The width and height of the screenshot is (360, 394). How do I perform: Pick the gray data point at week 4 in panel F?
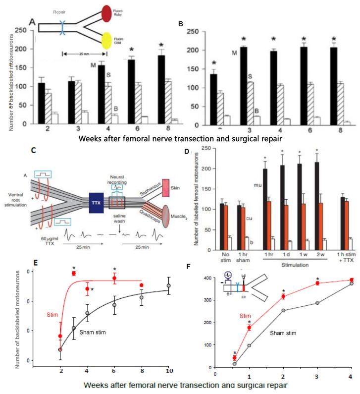point(351,283)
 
